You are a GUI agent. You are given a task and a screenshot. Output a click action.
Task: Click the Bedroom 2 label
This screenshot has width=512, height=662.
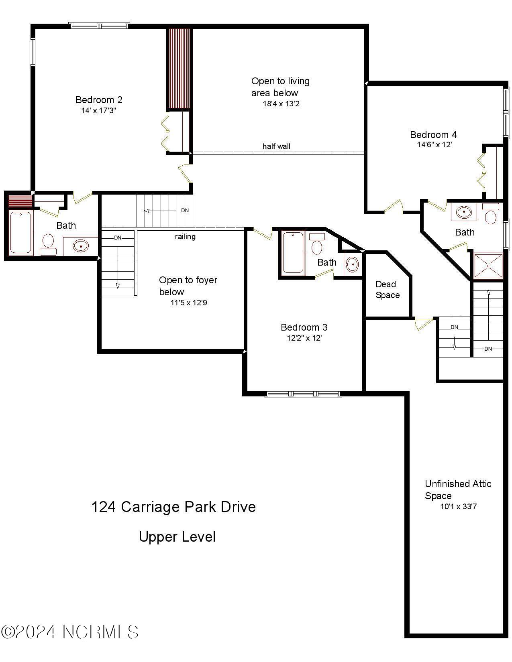point(99,100)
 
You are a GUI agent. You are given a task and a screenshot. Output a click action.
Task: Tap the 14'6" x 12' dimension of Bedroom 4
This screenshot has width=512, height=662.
point(434,145)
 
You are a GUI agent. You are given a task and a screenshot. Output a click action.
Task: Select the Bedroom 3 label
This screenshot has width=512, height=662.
point(304,327)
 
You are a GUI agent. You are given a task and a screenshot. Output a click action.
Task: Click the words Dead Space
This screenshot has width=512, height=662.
point(387,290)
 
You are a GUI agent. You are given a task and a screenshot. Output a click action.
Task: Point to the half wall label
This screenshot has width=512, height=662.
point(276,146)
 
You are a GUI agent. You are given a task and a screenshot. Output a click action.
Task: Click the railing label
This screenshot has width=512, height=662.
point(185,237)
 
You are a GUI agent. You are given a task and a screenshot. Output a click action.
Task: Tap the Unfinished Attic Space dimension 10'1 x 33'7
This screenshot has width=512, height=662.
point(458,507)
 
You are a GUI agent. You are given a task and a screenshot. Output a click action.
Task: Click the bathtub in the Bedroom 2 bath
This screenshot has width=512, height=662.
point(20,233)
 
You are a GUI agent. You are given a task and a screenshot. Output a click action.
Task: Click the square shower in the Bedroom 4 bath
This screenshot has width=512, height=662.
point(488,265)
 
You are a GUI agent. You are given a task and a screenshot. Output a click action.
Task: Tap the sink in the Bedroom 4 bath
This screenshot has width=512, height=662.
point(464,212)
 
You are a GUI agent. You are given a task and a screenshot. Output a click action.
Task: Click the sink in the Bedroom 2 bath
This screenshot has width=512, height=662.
point(80,246)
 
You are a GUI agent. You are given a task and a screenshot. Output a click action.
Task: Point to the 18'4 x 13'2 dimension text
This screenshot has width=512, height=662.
point(281,104)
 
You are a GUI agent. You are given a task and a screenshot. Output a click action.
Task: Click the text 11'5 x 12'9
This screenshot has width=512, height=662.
point(189,303)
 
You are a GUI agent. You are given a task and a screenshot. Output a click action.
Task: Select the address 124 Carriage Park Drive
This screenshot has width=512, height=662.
point(173,507)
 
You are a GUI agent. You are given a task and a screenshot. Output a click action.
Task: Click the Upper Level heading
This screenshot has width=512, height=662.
point(177,537)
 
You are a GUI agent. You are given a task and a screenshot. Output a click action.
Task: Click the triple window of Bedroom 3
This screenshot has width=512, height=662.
point(304,394)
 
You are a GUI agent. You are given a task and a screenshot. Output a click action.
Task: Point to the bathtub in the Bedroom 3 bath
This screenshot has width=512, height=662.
point(293,253)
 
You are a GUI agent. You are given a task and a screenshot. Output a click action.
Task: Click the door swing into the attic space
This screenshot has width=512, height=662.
point(423,323)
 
